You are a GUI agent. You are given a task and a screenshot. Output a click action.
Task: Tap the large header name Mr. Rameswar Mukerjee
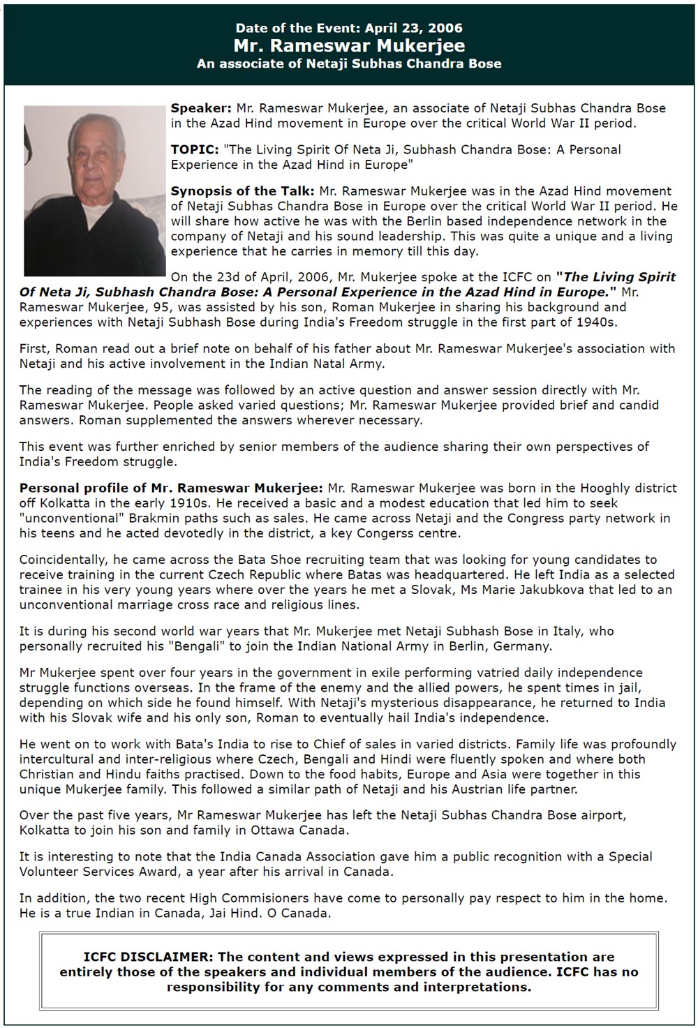pyautogui.click(x=349, y=45)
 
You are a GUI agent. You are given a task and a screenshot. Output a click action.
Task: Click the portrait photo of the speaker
pyautogui.click(x=94, y=191)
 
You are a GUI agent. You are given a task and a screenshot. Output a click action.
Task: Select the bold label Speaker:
pyautogui.click(x=201, y=108)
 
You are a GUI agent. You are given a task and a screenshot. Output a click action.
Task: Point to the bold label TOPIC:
pyautogui.click(x=194, y=149)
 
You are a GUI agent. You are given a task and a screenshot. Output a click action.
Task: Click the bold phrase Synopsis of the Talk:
pyautogui.click(x=243, y=191)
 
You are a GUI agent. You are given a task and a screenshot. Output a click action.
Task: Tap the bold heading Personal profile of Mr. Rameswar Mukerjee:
pyautogui.click(x=171, y=487)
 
